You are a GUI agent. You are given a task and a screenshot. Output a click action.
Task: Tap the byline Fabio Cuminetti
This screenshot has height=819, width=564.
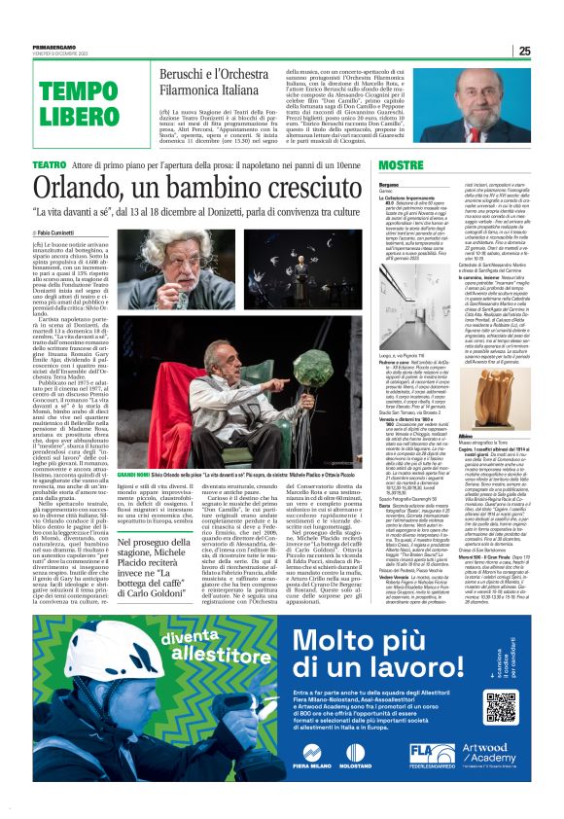62,234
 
